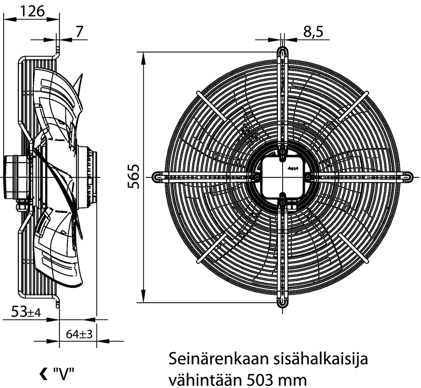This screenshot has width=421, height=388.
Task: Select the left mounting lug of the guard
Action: (157, 177)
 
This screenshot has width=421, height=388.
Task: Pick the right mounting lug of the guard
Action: (408, 177)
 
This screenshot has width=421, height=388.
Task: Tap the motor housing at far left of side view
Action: (12, 176)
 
